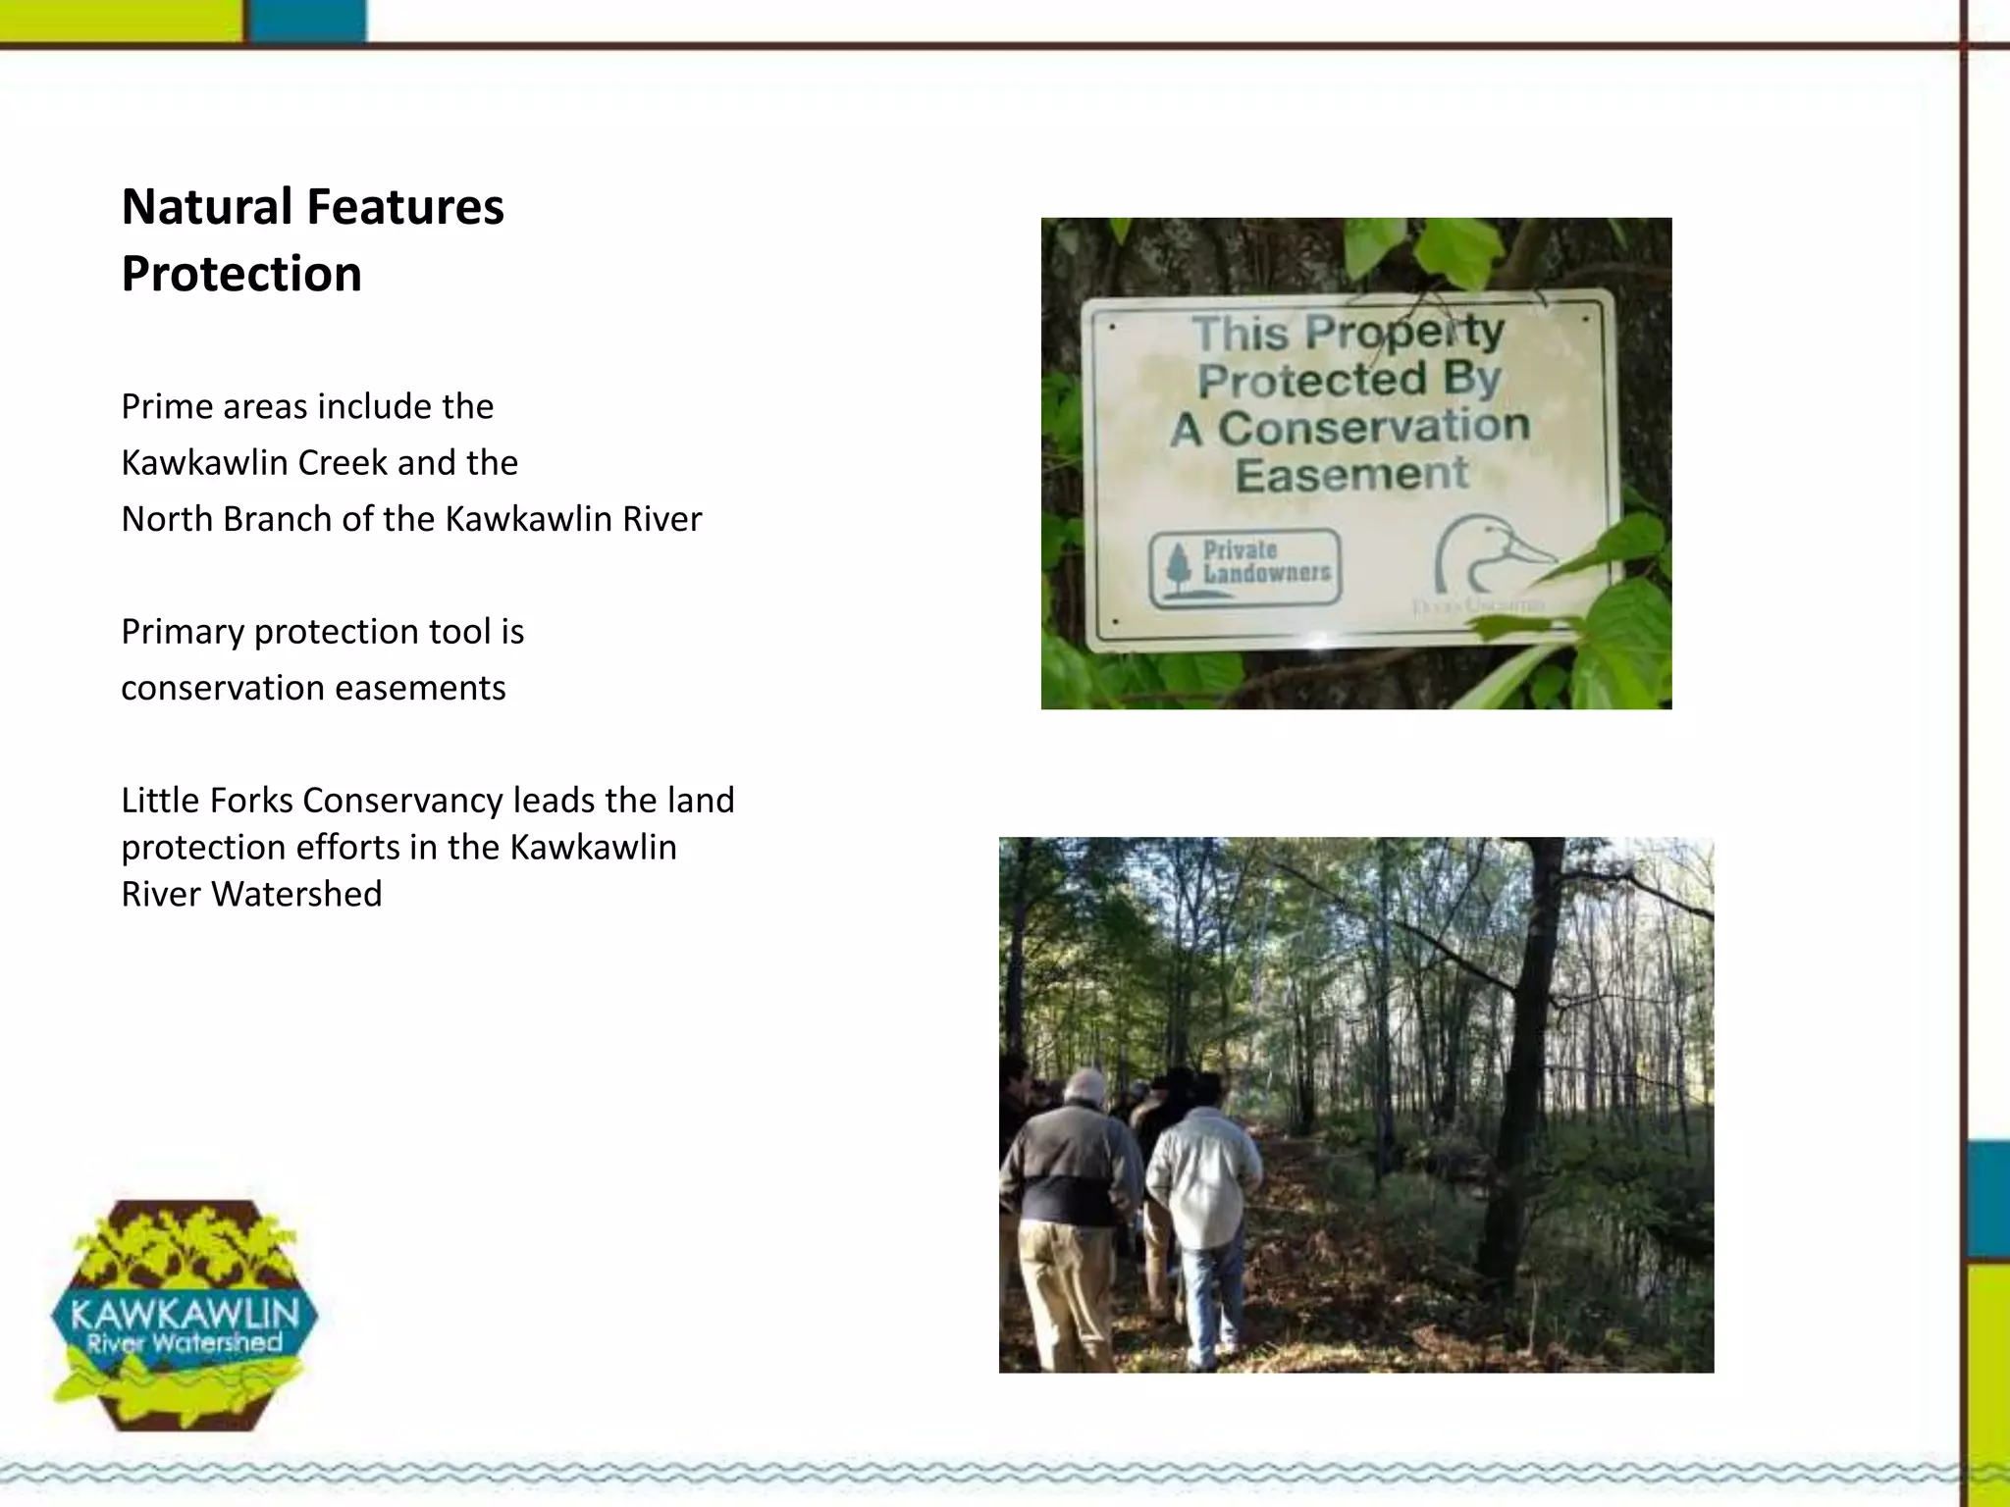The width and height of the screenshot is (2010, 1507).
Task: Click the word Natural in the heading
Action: [207, 208]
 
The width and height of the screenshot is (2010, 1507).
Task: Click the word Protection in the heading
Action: [241, 274]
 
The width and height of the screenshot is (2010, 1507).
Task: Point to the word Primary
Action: [183, 632]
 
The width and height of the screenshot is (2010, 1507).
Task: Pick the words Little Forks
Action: [207, 801]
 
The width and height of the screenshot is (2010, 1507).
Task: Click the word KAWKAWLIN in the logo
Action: [185, 1313]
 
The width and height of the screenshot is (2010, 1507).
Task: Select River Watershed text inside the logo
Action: [185, 1342]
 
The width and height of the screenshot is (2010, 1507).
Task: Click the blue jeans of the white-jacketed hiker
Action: [1211, 1300]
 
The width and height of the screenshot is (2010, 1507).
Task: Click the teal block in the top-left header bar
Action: [305, 21]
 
